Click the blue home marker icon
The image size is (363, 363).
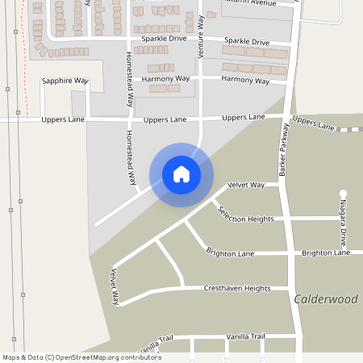coord(181,174)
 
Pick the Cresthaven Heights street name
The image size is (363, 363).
coord(236,288)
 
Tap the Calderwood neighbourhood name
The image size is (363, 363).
coord(326,299)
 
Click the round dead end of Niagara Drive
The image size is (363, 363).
coord(343,193)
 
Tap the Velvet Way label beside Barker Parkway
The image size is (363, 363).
coord(246,185)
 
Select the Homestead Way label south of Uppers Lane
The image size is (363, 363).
coord(131,158)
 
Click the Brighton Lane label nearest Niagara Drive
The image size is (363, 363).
coord(326,253)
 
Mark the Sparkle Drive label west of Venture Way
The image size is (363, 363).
coord(164,39)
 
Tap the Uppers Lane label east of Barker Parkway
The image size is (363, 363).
coord(313,123)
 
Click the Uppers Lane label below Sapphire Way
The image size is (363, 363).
coord(63,120)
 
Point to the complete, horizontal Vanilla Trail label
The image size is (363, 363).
coord(245,336)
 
